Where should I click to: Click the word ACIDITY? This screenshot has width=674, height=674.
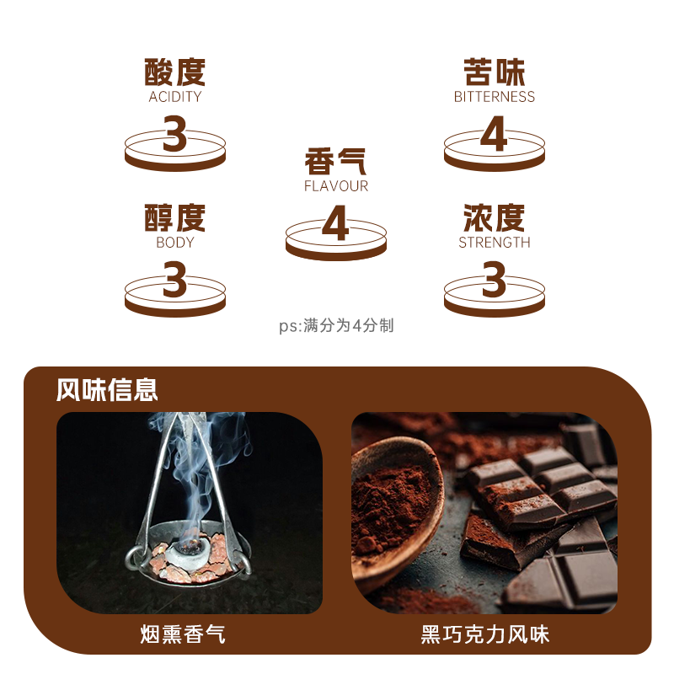(175, 97)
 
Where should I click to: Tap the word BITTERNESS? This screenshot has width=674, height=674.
(495, 97)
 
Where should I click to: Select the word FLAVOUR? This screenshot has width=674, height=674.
(336, 186)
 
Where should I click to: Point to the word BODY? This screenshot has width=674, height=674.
(175, 243)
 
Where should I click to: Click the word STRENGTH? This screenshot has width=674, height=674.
(495, 243)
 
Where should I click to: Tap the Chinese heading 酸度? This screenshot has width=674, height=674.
(175, 72)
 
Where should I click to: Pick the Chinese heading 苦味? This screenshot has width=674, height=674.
(495, 72)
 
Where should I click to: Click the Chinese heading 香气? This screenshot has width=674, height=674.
(336, 162)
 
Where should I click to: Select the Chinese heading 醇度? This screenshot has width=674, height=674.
(175, 218)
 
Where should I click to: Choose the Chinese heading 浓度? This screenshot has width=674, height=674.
(495, 218)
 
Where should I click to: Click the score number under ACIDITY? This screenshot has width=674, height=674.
(174, 135)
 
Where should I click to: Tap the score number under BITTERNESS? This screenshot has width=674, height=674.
(494, 135)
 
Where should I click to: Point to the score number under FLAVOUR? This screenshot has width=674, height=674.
(335, 225)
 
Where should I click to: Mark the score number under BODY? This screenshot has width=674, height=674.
(174, 281)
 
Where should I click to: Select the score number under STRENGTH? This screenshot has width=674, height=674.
(494, 281)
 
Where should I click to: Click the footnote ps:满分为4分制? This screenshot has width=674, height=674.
(337, 326)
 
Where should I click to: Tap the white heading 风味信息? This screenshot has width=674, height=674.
(107, 390)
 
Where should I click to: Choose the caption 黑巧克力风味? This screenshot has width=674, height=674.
(485, 634)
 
